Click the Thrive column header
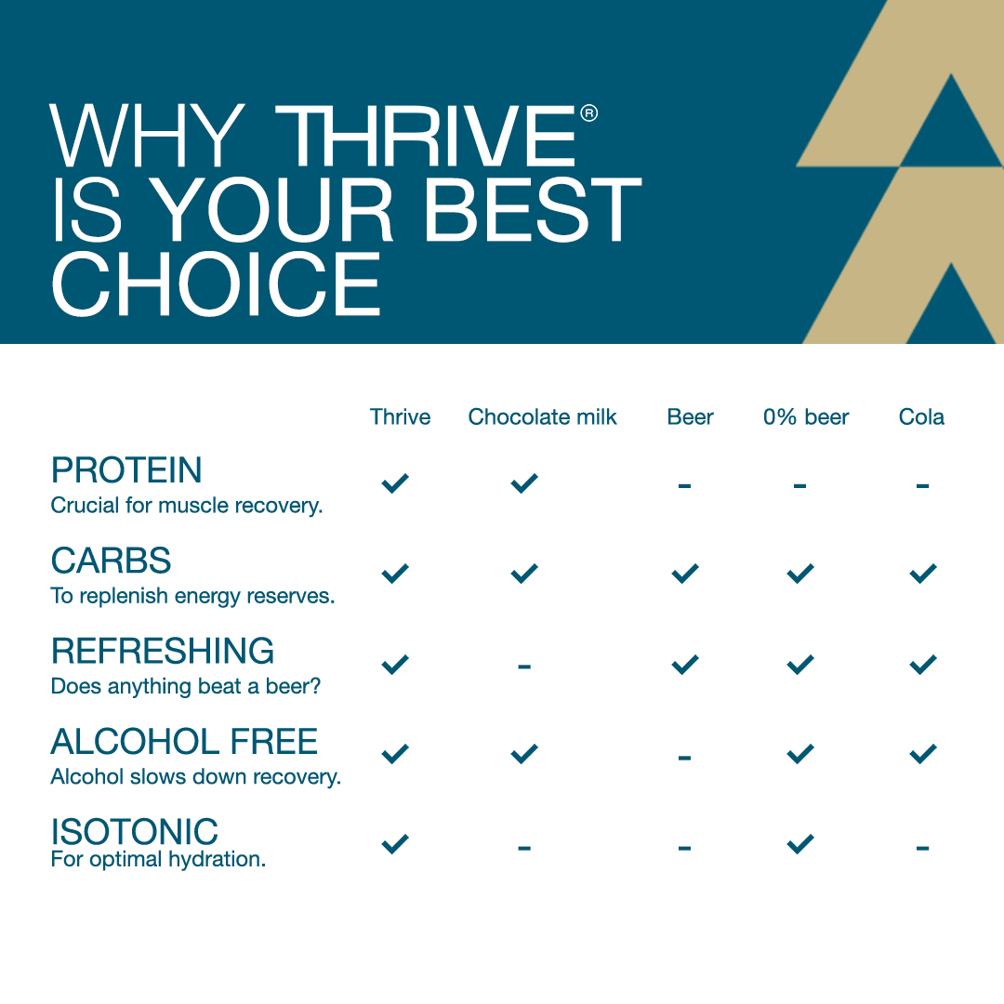pyautogui.click(x=400, y=416)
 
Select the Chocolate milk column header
pyautogui.click(x=542, y=416)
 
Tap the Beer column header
pyautogui.click(x=690, y=416)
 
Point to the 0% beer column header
pyautogui.click(x=806, y=416)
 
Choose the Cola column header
pyautogui.click(x=921, y=416)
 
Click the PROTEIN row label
pyautogui.click(x=126, y=470)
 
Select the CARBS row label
pyautogui.click(x=112, y=561)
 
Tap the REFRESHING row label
pyautogui.click(x=163, y=651)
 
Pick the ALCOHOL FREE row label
pyautogui.click(x=184, y=741)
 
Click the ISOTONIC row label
pyautogui.click(x=135, y=831)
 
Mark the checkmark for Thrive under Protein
pyautogui.click(x=395, y=482)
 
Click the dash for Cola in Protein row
pyautogui.click(x=922, y=485)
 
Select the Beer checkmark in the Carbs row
pyautogui.click(x=685, y=574)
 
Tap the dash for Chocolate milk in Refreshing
pyautogui.click(x=524, y=667)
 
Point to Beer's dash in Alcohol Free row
pyautogui.click(x=685, y=758)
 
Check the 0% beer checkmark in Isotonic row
pyautogui.click(x=799, y=844)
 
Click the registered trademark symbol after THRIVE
pyautogui.click(x=588, y=113)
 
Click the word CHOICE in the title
pyautogui.click(x=216, y=284)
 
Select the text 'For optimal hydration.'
pyautogui.click(x=158, y=859)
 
